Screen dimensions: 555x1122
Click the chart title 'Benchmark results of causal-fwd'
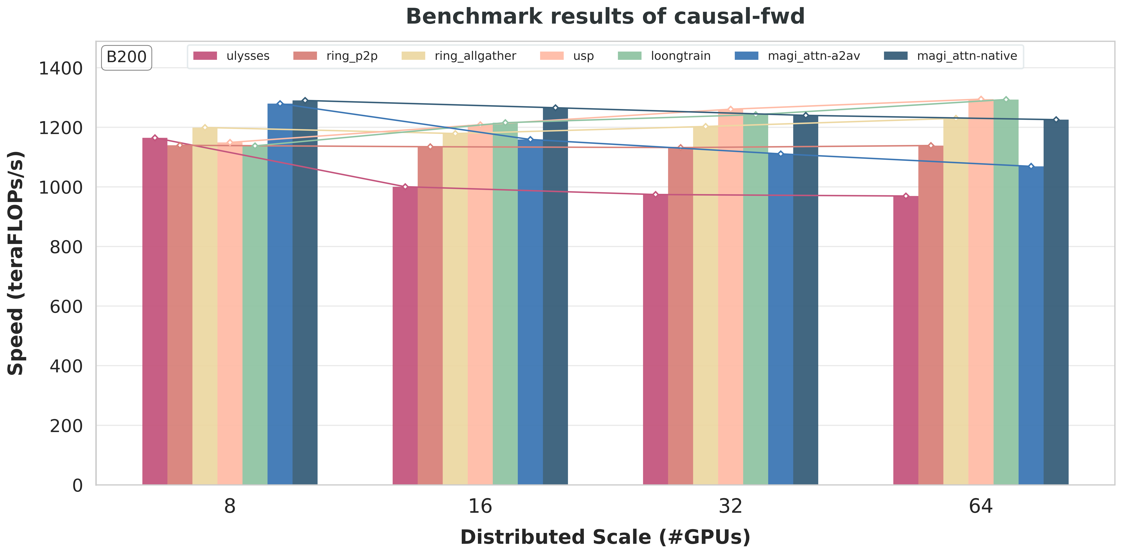pos(605,17)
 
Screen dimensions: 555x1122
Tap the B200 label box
pos(126,57)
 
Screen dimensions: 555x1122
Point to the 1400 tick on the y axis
pos(61,68)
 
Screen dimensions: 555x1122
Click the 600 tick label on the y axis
pos(66,306)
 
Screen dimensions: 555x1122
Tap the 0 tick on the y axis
pos(78,485)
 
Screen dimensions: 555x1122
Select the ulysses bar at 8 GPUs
pos(155,311)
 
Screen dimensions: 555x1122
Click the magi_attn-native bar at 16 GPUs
pos(555,296)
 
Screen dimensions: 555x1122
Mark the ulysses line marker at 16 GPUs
pos(405,186)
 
